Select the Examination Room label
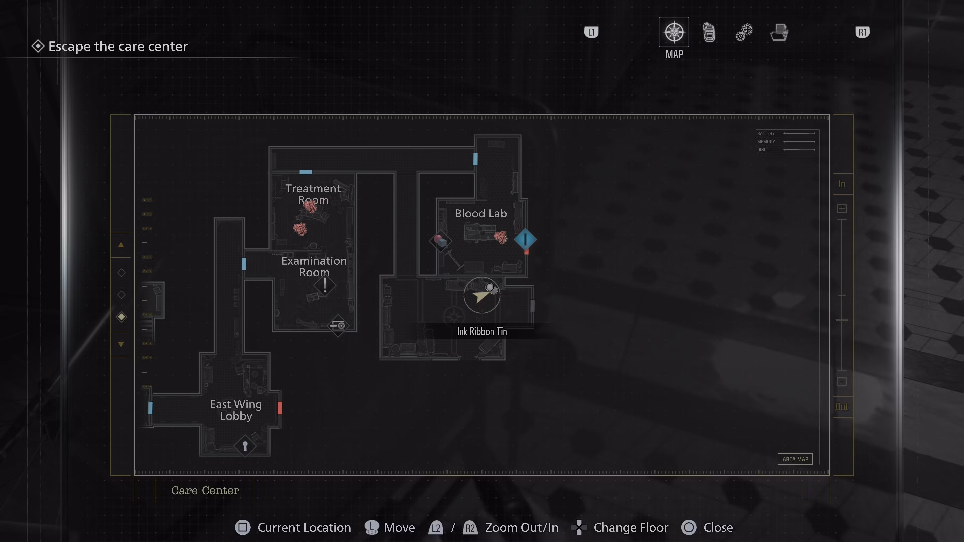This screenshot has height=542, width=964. pos(314,266)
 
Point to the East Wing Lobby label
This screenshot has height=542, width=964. pos(236,410)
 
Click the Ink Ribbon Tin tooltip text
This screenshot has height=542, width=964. pos(482,331)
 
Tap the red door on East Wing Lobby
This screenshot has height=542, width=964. pos(280,408)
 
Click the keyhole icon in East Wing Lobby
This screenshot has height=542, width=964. pos(245,446)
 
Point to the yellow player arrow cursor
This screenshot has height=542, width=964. pos(480,296)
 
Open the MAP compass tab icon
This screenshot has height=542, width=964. pos(674,32)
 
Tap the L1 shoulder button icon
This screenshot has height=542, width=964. pos(591,32)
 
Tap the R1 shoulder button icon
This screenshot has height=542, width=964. pos(862,32)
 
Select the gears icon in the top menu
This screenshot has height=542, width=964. pos(744,32)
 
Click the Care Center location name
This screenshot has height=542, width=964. pos(205,490)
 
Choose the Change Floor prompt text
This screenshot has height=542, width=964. pos(631,527)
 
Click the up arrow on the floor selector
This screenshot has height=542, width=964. pos(121,245)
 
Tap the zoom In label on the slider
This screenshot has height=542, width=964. pos(842,184)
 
